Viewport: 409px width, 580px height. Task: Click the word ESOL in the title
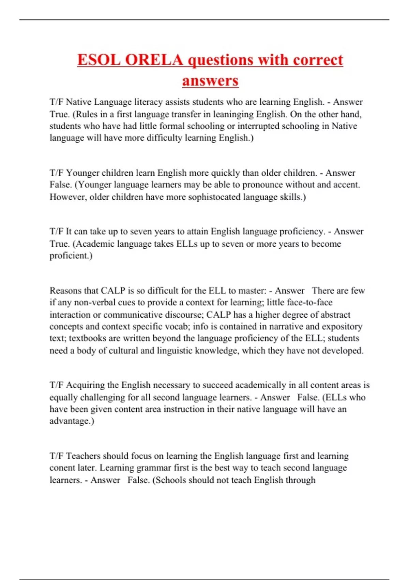coord(99,60)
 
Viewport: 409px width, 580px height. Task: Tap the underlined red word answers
coord(210,81)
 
